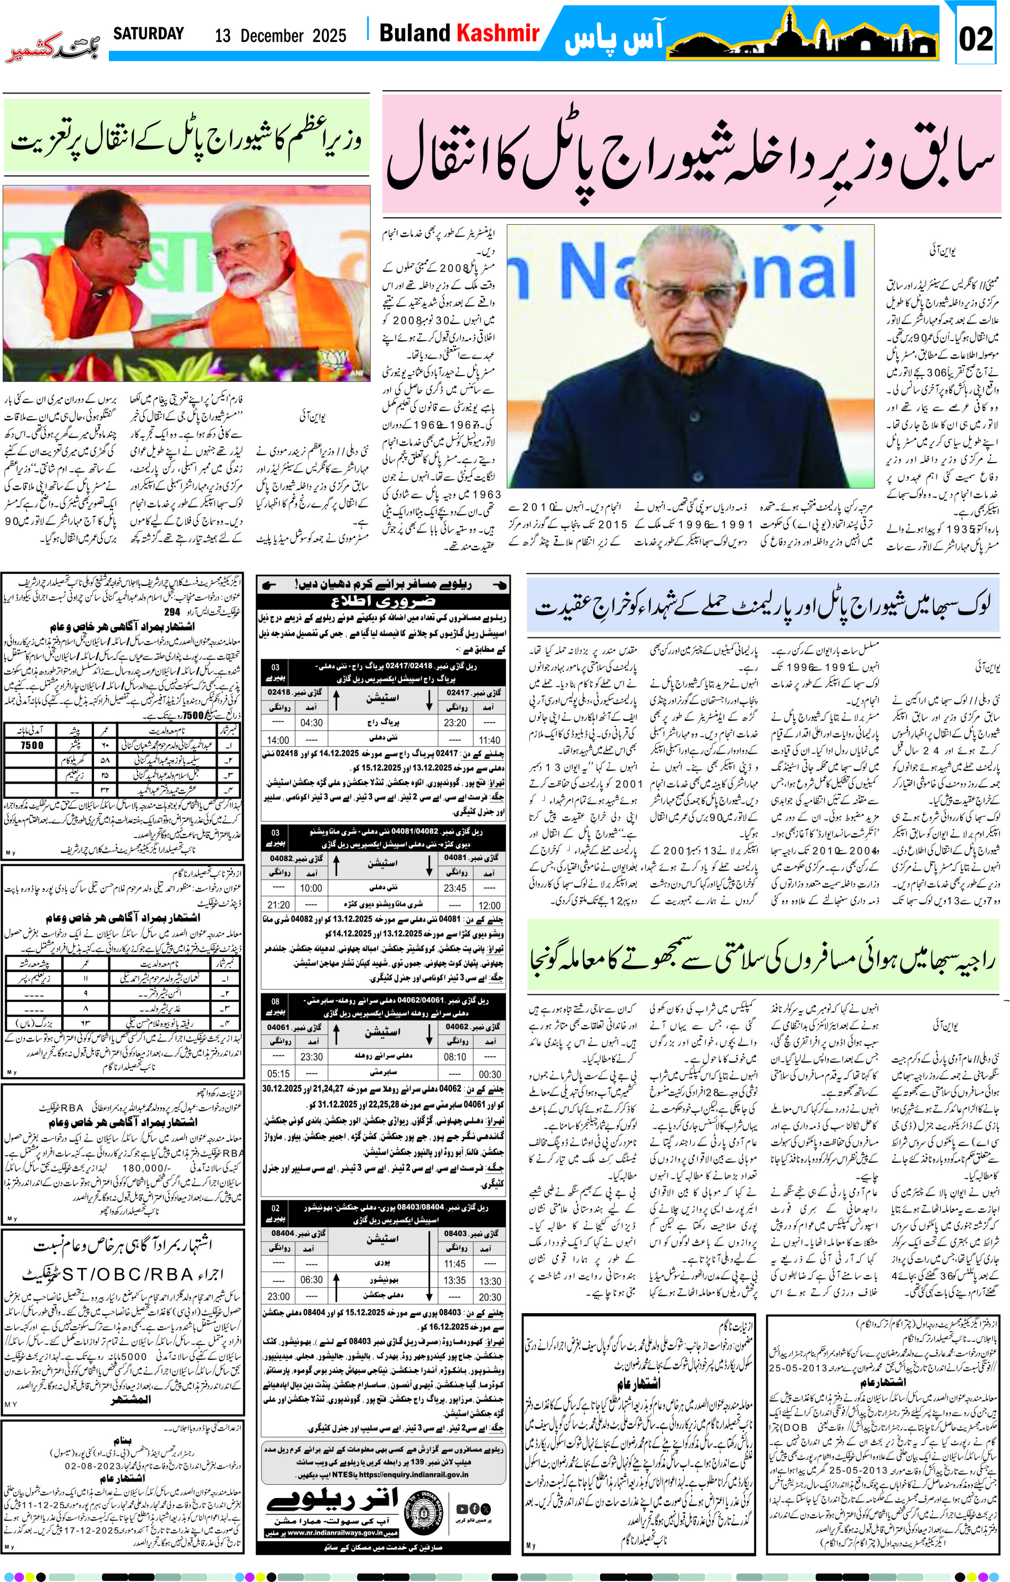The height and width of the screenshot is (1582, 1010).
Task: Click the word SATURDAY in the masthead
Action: point(148,33)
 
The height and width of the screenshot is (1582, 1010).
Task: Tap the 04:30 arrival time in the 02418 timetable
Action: point(311,722)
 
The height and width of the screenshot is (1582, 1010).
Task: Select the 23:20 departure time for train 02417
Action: point(455,722)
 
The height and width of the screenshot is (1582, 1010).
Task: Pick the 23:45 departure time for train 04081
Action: point(455,888)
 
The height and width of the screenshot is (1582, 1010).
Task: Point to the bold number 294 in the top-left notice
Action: point(172,611)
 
